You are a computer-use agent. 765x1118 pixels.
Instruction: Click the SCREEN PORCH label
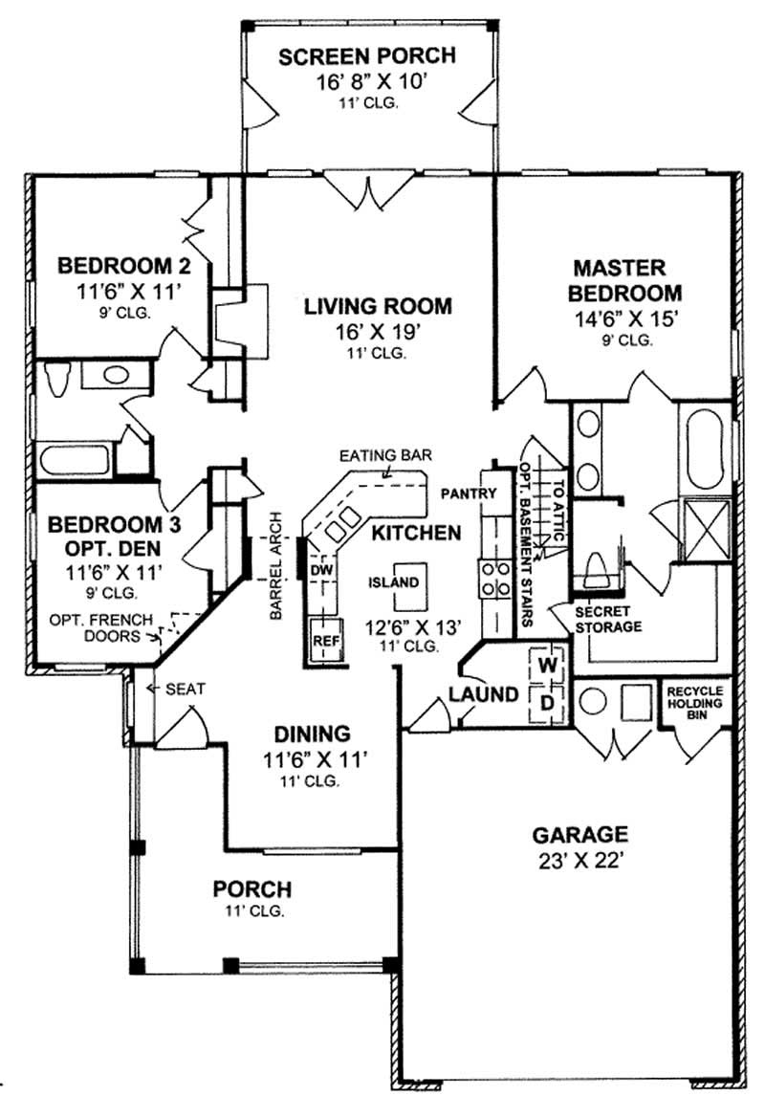pos(367,56)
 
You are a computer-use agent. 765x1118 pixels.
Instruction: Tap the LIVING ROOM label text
pos(378,307)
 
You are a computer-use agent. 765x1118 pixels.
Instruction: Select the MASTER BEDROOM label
pos(626,279)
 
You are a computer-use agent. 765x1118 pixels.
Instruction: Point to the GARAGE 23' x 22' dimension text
pos(580,859)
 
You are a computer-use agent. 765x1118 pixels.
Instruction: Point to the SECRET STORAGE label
pos(608,620)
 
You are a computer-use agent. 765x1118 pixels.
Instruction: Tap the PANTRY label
pos(469,493)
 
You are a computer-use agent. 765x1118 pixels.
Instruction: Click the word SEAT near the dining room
pos(182,688)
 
